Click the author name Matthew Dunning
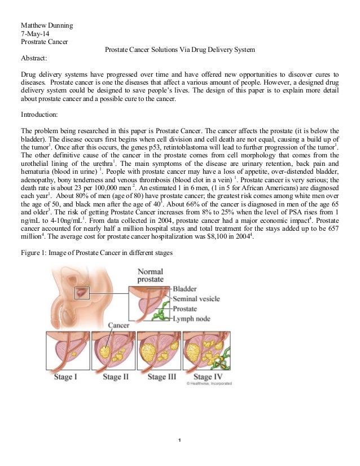(x=47, y=26)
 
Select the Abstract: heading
(x=34, y=58)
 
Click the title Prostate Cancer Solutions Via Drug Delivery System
(x=180, y=50)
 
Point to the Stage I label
(x=65, y=376)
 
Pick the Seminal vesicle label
(x=196, y=299)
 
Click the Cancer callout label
(x=118, y=325)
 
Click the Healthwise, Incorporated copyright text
(x=209, y=384)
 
